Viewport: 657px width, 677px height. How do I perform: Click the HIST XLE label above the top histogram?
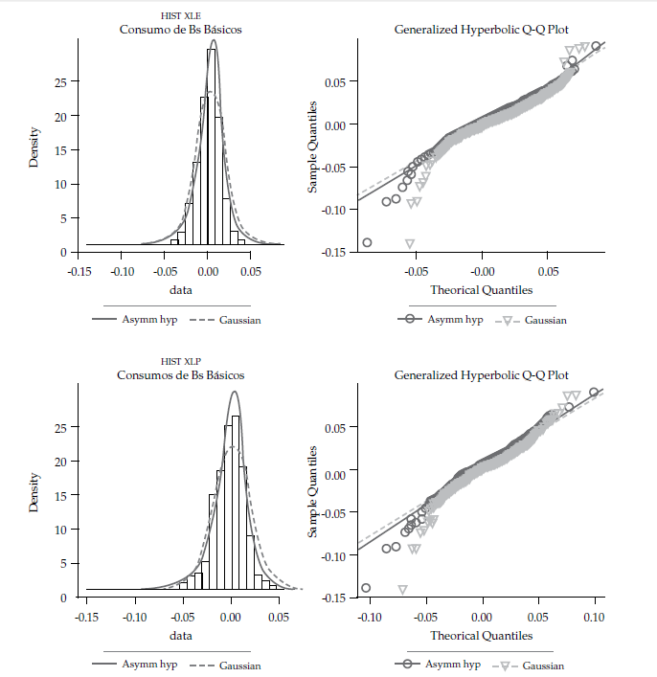[180, 16]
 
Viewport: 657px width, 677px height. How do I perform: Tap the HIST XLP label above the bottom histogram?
[180, 361]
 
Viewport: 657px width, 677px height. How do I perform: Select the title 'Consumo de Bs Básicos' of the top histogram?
[180, 30]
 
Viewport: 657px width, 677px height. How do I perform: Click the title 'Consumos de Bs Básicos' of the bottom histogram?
[181, 374]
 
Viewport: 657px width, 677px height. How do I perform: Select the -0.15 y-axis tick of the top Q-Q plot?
[334, 252]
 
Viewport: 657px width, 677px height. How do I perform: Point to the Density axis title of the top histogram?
[34, 147]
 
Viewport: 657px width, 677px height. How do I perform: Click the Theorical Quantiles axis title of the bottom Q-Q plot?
[481, 636]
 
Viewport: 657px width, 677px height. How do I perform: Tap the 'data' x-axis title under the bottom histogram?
[181, 635]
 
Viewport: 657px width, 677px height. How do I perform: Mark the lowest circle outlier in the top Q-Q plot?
[367, 242]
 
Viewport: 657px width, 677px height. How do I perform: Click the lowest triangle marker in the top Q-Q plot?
[410, 244]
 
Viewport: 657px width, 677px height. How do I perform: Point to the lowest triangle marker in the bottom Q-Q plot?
[402, 590]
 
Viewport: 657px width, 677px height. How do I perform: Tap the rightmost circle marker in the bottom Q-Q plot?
[594, 392]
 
